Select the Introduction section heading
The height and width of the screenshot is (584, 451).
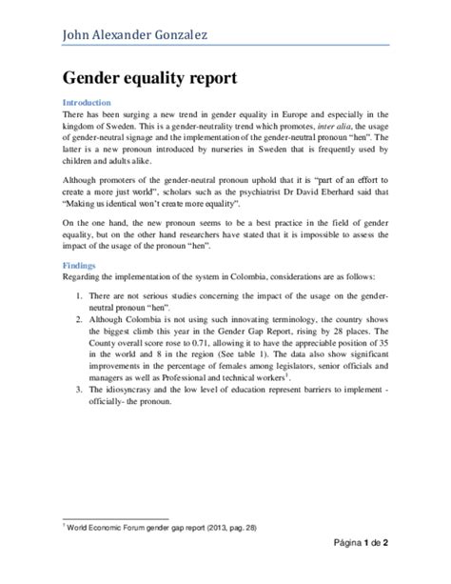(x=87, y=102)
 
